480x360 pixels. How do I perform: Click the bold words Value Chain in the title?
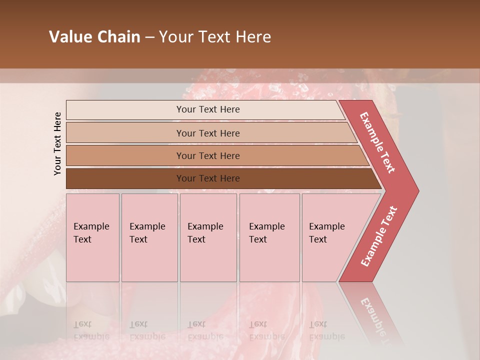pyautogui.click(x=94, y=37)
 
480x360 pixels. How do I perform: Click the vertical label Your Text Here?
pyautogui.click(x=57, y=143)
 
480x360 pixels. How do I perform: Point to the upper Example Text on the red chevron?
pyautogui.click(x=378, y=142)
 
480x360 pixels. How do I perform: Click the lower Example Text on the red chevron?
pyautogui.click(x=379, y=236)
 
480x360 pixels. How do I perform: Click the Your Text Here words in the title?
pyautogui.click(x=215, y=37)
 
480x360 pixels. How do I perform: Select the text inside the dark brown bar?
pyautogui.click(x=208, y=178)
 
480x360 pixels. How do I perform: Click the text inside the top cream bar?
pyautogui.click(x=208, y=109)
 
